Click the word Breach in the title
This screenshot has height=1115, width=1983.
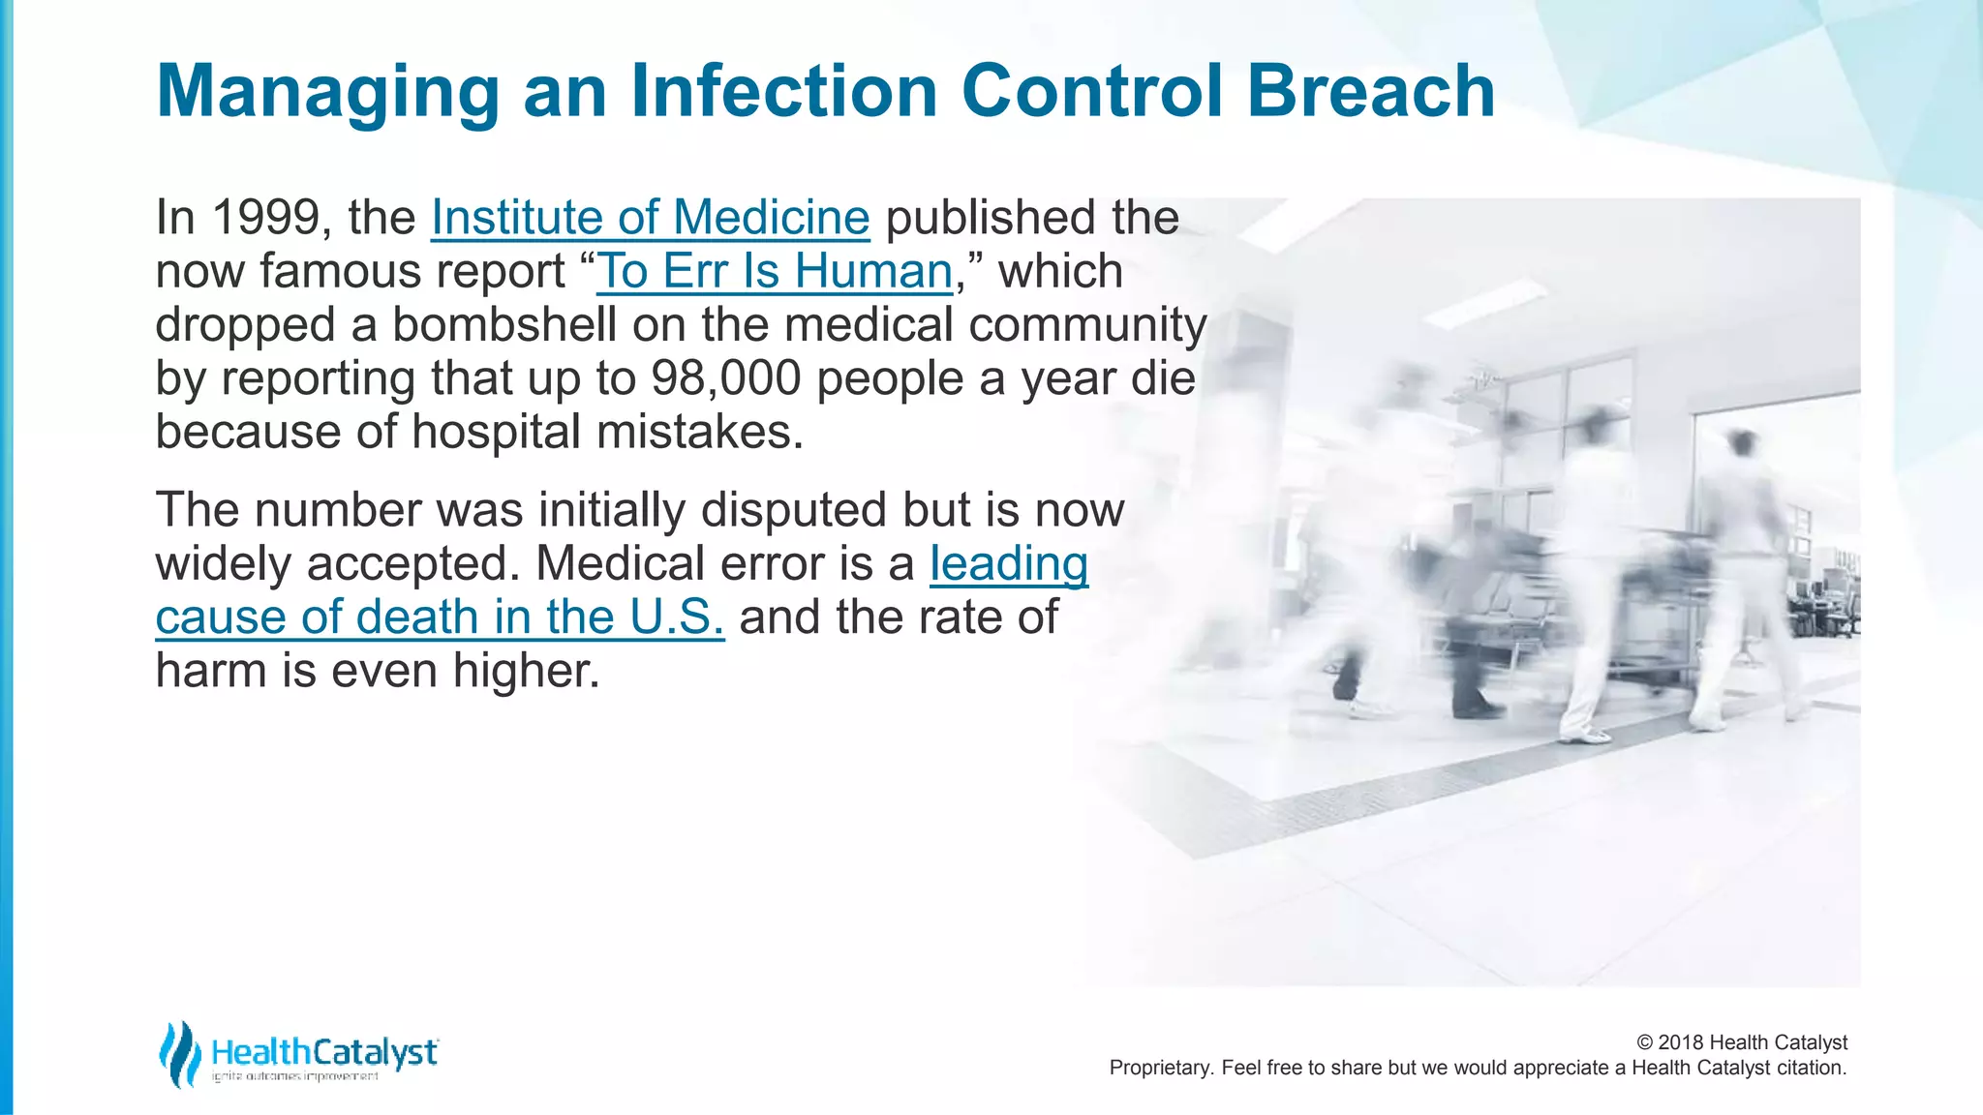pyautogui.click(x=1370, y=91)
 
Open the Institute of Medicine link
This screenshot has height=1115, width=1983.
pyautogui.click(x=650, y=218)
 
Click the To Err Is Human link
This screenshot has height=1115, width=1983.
pyautogui.click(x=775, y=272)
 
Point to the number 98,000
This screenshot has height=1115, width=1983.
pyautogui.click(x=725, y=378)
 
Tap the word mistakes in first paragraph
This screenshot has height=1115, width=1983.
pyautogui.click(x=699, y=432)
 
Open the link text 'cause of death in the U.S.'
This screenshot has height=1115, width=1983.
pyautogui.click(x=440, y=618)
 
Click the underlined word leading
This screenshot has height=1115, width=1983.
pyautogui.click(x=1009, y=564)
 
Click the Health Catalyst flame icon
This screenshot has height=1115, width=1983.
pyautogui.click(x=180, y=1053)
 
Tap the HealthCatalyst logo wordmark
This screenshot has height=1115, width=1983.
pyautogui.click(x=324, y=1052)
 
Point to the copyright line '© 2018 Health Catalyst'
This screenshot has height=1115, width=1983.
pyautogui.click(x=1742, y=1042)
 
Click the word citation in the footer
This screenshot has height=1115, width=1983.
pyautogui.click(x=1811, y=1069)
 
